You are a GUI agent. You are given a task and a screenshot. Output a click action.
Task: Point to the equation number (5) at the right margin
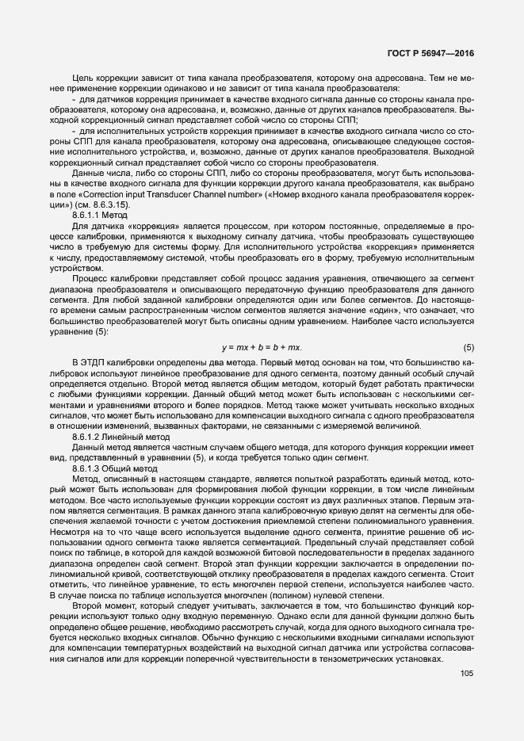point(469,326)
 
